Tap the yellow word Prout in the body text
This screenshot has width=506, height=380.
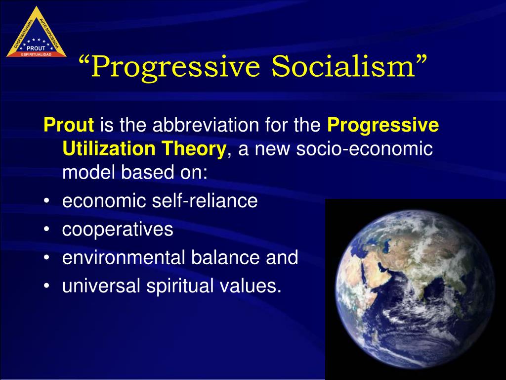(69, 125)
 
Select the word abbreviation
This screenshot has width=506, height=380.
(206, 125)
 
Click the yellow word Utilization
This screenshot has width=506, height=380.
(109, 148)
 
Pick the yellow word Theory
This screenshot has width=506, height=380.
(194, 149)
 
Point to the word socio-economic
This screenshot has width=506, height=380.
(364, 148)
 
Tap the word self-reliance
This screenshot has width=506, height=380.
(205, 201)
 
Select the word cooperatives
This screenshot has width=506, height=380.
(118, 230)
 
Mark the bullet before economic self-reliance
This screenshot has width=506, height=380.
(47, 201)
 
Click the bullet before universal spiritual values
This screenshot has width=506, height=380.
(47, 286)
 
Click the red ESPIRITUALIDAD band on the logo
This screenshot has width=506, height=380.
(36, 54)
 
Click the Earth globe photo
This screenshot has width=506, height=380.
(415, 289)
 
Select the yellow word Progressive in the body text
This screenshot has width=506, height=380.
(383, 125)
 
